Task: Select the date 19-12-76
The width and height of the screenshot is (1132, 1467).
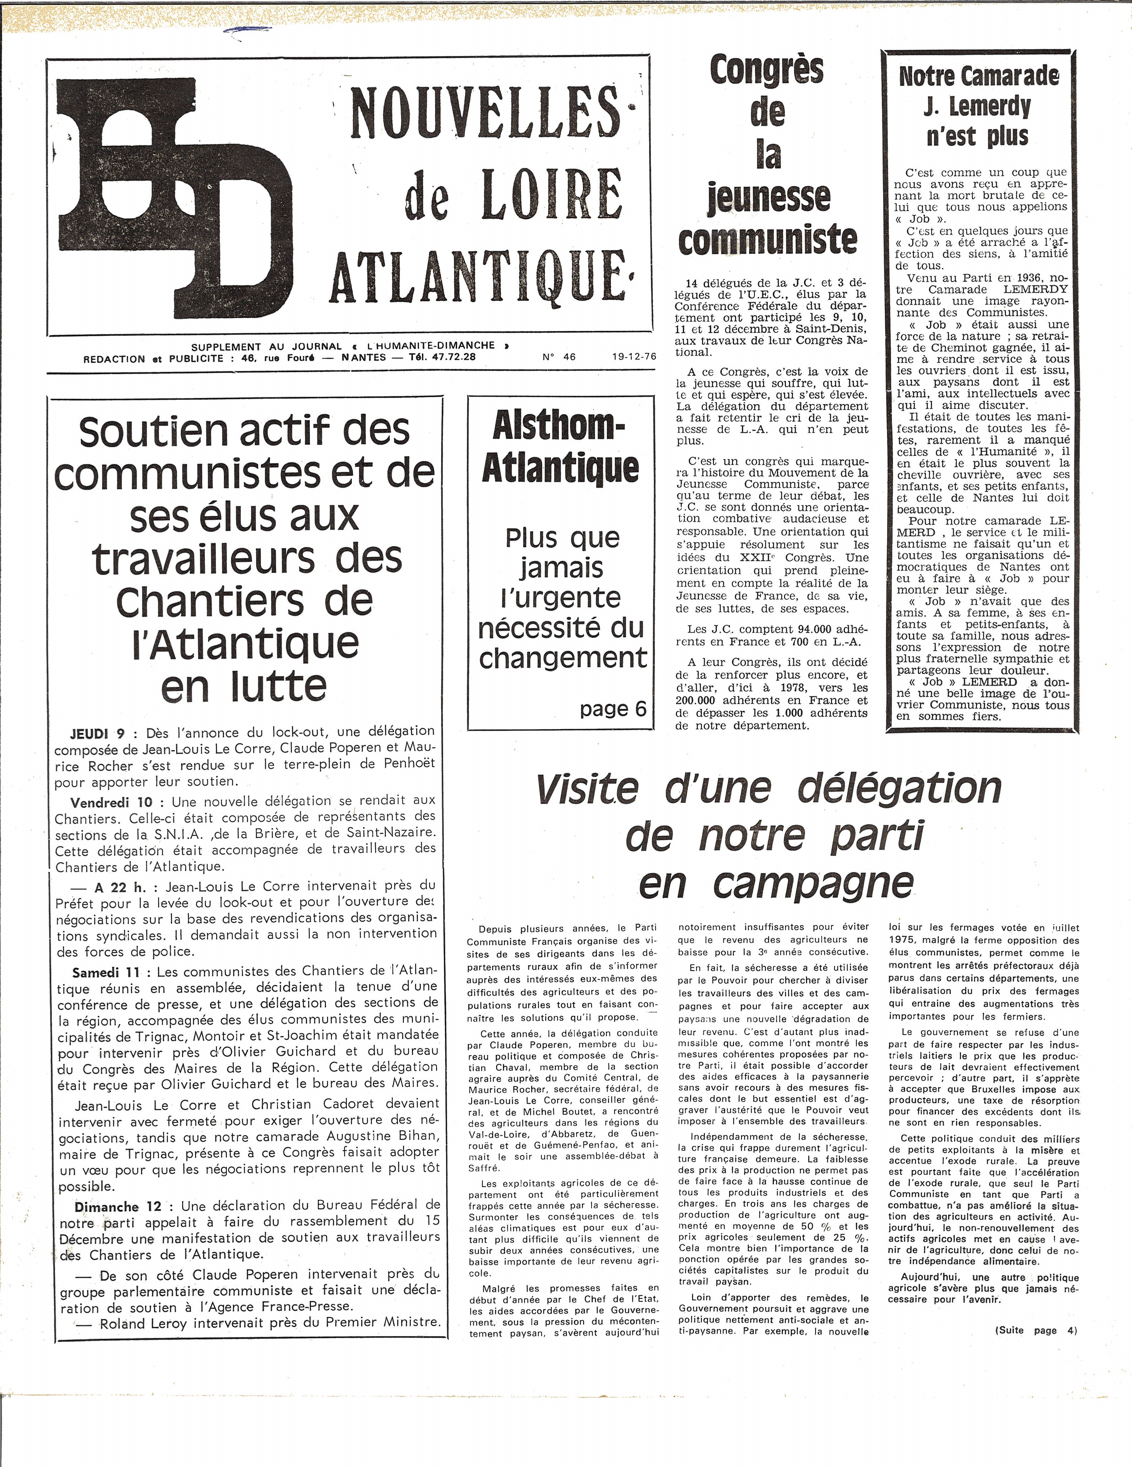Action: pos(633,357)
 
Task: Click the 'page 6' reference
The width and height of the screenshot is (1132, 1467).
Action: pos(613,708)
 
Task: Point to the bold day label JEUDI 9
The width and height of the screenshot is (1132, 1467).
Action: pos(97,732)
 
